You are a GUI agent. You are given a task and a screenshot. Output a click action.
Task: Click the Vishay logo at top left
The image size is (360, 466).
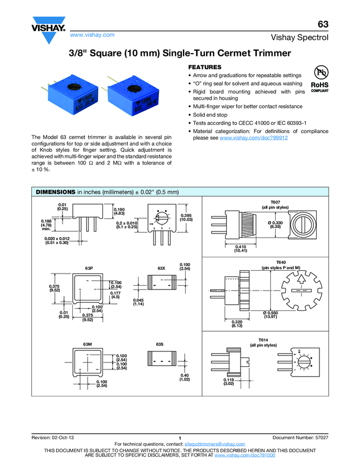click(x=49, y=27)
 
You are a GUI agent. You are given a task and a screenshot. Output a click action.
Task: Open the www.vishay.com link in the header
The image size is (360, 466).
click(x=92, y=35)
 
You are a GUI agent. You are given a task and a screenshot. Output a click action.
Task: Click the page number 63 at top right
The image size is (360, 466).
click(x=323, y=25)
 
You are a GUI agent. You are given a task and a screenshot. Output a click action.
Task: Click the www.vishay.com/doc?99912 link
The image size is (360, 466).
click(x=254, y=139)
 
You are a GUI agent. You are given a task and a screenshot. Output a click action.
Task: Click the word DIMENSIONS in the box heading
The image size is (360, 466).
click(x=55, y=192)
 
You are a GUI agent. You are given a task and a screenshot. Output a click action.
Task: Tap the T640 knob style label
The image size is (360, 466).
click(x=266, y=262)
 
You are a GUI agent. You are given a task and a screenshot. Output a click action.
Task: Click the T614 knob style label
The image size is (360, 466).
click(x=265, y=339)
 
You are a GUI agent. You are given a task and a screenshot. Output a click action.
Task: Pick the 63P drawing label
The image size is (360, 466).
click(x=89, y=268)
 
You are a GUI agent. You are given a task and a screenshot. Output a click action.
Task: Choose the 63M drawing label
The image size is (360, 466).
click(x=88, y=344)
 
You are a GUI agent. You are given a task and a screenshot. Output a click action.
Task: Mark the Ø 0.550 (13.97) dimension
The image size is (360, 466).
click(x=271, y=315)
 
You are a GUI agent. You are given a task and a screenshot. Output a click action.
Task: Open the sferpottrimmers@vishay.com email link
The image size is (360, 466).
click(x=215, y=444)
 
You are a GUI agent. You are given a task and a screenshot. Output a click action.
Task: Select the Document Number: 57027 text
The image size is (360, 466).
click(x=300, y=437)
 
